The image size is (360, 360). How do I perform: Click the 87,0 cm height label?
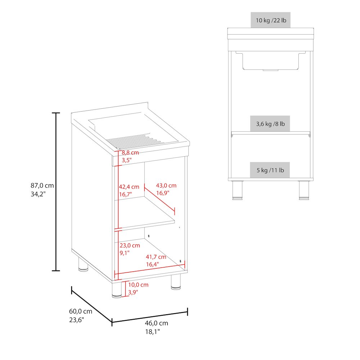pos(42,185)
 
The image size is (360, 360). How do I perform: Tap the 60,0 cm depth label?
pos(81,311)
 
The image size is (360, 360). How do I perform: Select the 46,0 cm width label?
pos(156,323)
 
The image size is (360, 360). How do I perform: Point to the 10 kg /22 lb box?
pos(270,20)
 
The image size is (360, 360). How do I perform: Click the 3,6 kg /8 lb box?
pos(270,124)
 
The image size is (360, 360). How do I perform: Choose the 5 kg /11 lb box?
pos(270,170)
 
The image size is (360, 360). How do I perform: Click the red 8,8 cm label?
pos(130,153)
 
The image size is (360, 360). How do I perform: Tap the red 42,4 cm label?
pos(129,187)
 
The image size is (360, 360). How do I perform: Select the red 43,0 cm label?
pos(166,185)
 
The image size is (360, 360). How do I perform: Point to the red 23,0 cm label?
pos(130,246)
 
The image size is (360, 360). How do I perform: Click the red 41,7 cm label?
pos(156,257)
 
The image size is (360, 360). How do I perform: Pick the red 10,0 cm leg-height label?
pos(138,285)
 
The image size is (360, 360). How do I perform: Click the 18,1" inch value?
pos(152,332)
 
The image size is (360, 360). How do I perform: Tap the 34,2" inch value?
pos(38,194)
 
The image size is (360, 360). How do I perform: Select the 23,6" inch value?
pos(76,320)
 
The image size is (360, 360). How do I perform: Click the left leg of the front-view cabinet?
pos(237,190)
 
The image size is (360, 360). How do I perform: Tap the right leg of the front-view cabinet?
pos(304,190)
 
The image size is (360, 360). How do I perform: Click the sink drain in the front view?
pos(271,70)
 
